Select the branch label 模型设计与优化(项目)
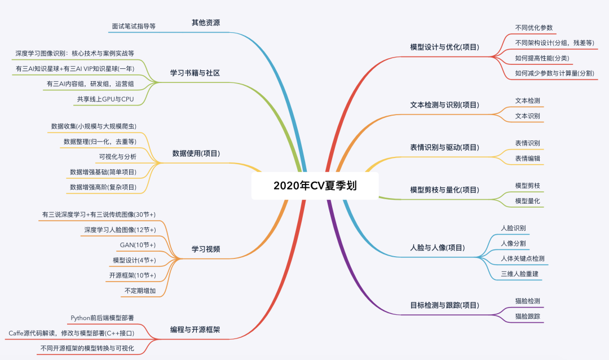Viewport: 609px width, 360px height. (x=444, y=47)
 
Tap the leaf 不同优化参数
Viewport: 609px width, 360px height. (x=533, y=27)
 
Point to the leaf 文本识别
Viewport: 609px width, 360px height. (x=527, y=116)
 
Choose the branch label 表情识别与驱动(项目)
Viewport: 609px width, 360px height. (x=444, y=147)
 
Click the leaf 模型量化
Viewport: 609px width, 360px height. (x=527, y=201)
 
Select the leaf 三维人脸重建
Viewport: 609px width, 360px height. (x=523, y=274)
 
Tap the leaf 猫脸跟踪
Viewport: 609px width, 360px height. (x=527, y=316)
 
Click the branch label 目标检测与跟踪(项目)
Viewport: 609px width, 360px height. (x=444, y=305)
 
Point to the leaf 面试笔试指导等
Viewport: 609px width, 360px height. (x=134, y=26)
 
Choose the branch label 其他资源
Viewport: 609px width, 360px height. (x=205, y=23)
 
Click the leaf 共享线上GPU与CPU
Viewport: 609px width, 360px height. (x=105, y=99)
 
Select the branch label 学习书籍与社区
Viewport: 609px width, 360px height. (x=195, y=73)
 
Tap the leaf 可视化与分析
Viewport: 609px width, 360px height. (x=117, y=156)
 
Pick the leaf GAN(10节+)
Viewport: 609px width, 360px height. (x=138, y=245)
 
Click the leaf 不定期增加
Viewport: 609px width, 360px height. (x=140, y=291)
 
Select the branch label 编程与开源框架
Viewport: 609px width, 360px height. (x=195, y=329)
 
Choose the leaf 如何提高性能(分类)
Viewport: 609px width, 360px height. (x=542, y=58)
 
